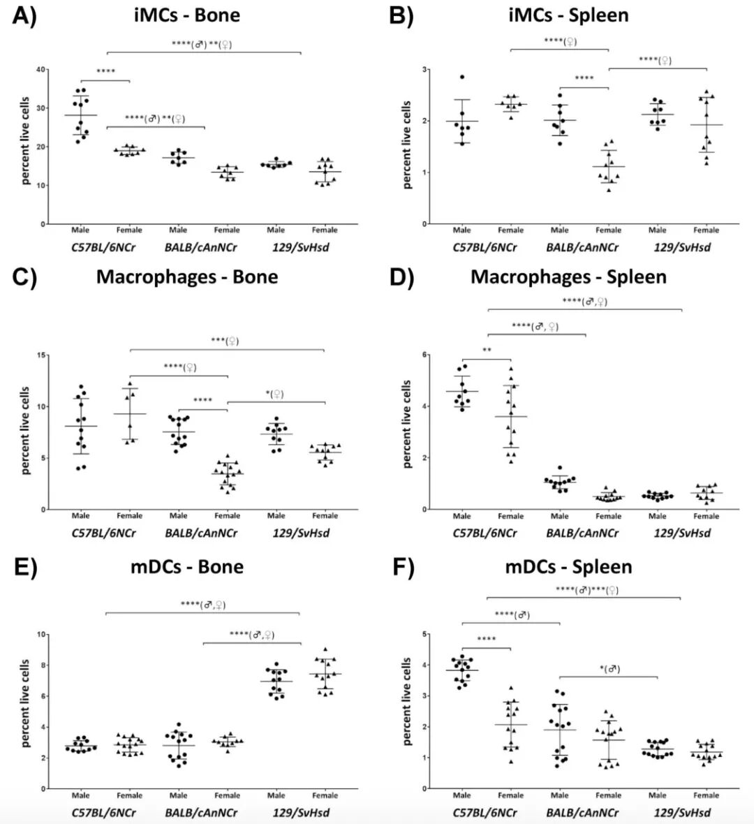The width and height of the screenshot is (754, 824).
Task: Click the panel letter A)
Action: click(x=24, y=15)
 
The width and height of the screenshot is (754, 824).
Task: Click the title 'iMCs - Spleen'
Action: click(x=568, y=15)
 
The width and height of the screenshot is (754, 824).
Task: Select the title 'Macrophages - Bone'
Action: click(x=187, y=277)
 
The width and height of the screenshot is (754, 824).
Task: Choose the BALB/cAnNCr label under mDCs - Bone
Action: click(x=202, y=812)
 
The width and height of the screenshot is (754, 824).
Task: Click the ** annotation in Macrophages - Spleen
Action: click(x=487, y=351)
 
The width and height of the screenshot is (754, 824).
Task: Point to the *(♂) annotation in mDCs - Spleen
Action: click(x=609, y=669)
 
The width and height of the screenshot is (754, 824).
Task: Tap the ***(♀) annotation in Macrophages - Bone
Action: click(x=226, y=341)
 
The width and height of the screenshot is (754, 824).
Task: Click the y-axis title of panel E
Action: click(x=25, y=704)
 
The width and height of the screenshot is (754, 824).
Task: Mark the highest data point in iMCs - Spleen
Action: click(x=462, y=77)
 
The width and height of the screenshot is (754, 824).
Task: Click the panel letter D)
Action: click(x=401, y=277)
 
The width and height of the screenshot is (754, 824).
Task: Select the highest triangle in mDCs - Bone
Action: click(x=325, y=649)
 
